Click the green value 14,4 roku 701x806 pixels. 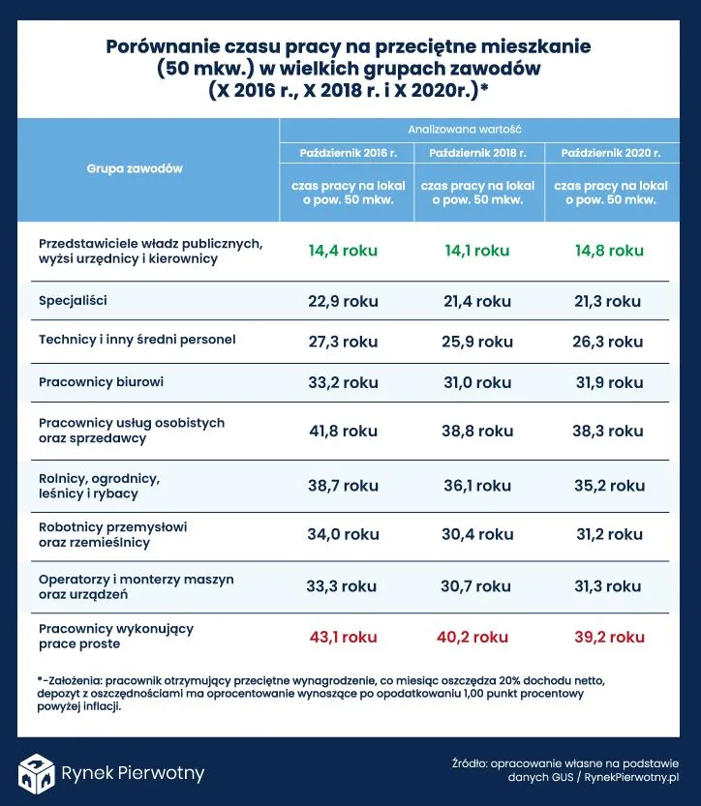pos(343,251)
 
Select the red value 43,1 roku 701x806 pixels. pos(343,638)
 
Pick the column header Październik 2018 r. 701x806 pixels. pos(477,154)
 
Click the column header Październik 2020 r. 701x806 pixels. pos(610,154)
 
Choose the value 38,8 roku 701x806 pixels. pos(477,431)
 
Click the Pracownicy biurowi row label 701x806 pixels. pos(102,382)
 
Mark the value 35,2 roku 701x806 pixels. pos(608,487)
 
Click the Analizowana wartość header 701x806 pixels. pos(477,129)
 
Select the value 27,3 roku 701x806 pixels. pos(343,342)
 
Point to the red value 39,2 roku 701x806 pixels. pos(608,638)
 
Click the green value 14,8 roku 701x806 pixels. pos(609,251)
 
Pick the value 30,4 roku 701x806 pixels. pos(477,534)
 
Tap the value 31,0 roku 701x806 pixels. pos(477,382)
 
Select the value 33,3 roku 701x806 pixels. pos(342,586)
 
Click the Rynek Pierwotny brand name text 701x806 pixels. pos(133,772)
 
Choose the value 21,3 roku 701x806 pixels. pos(608,301)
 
